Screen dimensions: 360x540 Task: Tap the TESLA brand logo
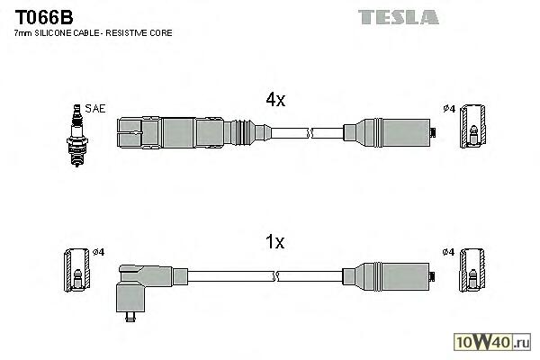398,17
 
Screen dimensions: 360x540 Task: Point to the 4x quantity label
274,101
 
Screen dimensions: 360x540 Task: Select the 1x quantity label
274,242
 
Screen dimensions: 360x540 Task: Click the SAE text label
95,109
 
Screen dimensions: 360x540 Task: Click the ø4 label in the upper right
448,109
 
